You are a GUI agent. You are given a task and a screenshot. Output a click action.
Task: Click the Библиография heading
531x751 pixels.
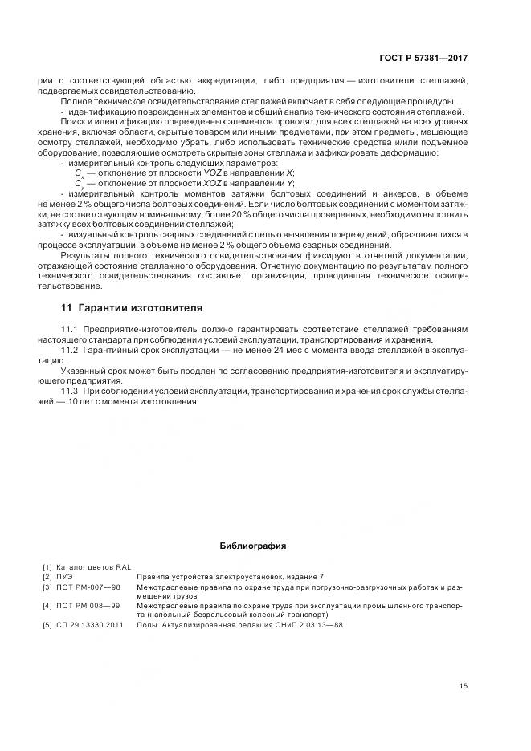coord(253,546)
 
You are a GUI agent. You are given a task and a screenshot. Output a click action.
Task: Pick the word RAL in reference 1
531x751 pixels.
coord(122,566)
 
